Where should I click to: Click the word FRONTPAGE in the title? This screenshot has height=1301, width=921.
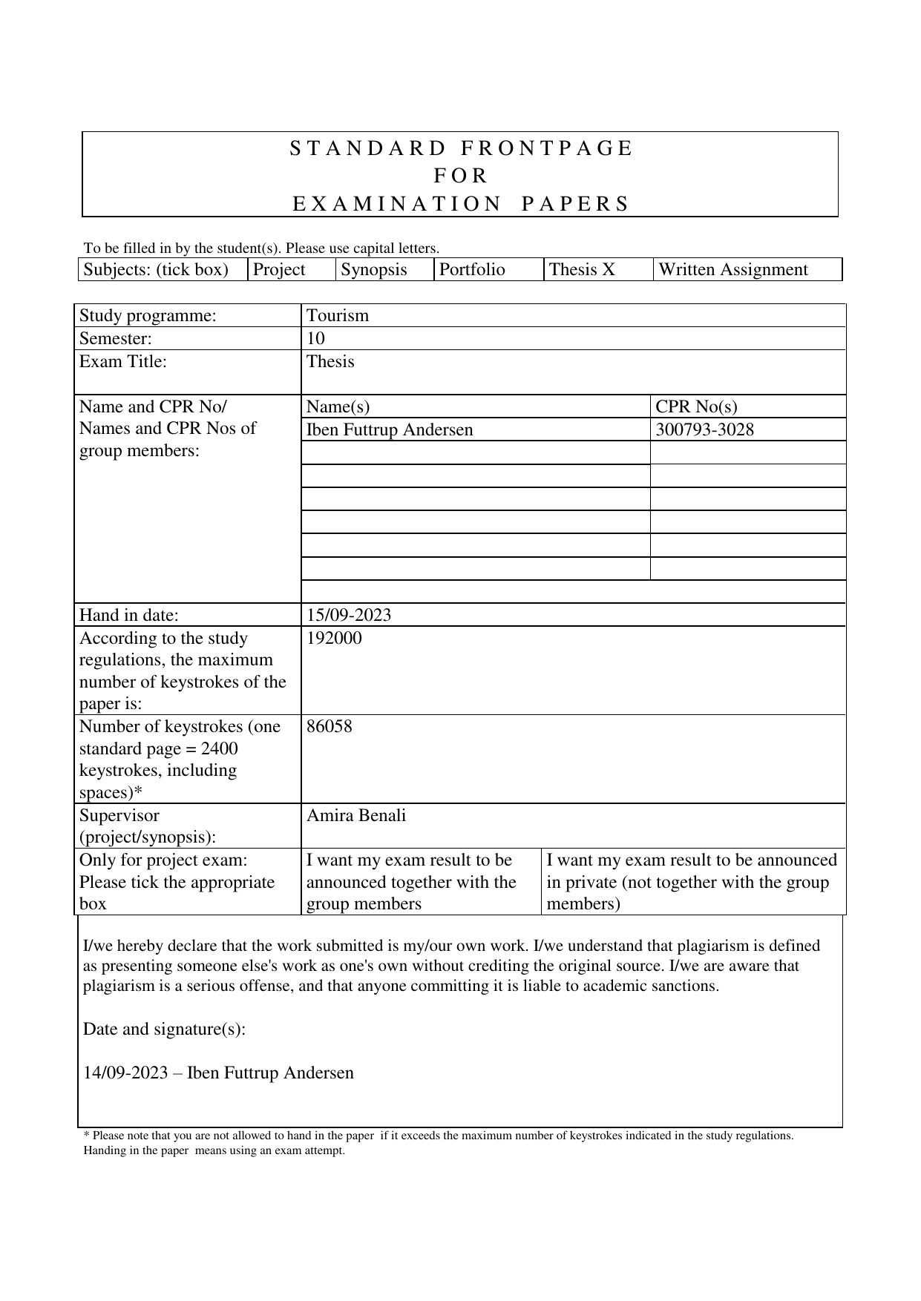(546, 148)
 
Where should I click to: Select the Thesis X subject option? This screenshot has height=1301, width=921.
(582, 269)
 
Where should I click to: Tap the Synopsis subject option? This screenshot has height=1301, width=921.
(373, 269)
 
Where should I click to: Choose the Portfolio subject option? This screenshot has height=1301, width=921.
(472, 269)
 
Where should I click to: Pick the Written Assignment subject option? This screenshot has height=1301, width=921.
(732, 269)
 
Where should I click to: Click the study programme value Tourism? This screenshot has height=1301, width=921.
(338, 315)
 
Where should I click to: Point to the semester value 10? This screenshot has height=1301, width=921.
(315, 338)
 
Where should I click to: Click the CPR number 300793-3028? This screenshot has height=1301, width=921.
(704, 429)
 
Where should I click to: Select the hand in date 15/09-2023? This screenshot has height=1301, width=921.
(349, 615)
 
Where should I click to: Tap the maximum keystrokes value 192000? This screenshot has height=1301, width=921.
(334, 638)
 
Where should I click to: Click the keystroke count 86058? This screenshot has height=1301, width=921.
(330, 726)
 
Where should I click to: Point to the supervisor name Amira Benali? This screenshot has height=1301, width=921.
(356, 815)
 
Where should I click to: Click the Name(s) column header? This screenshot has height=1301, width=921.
(338, 406)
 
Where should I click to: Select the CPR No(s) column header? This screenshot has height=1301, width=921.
(696, 406)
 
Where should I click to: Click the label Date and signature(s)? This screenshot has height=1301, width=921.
(164, 1029)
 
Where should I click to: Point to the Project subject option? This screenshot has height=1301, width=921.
(279, 269)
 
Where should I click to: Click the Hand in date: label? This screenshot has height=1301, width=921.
(129, 615)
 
